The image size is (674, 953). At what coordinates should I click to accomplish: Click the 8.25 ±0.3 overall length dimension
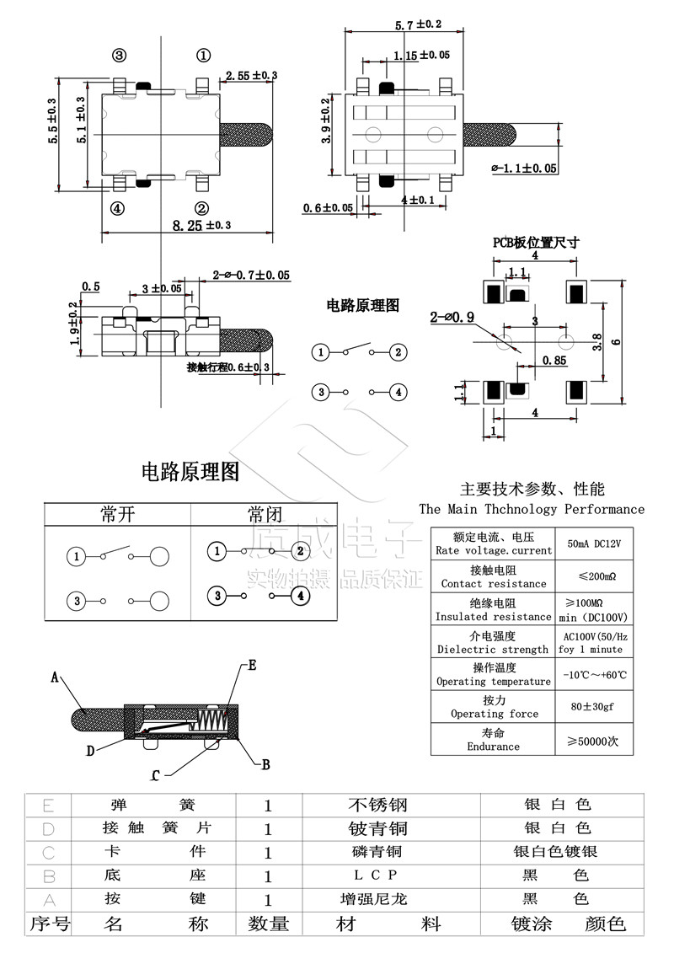click(x=201, y=225)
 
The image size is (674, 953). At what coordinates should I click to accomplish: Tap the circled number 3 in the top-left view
click(x=119, y=56)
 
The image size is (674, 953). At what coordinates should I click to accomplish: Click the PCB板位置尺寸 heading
click(x=536, y=243)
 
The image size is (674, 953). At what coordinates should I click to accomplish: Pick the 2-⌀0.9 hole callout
click(x=452, y=318)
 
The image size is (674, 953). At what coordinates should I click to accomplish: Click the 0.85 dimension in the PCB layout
click(x=554, y=361)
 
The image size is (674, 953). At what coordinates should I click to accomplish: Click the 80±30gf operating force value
click(x=593, y=707)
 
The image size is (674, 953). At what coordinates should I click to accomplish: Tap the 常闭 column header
click(x=265, y=514)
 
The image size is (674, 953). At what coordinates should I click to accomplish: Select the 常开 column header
click(x=117, y=514)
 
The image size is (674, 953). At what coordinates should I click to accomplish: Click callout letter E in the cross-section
click(x=251, y=665)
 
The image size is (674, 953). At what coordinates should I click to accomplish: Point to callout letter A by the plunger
click(x=55, y=677)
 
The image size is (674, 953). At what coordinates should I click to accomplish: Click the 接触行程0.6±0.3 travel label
click(x=228, y=367)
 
